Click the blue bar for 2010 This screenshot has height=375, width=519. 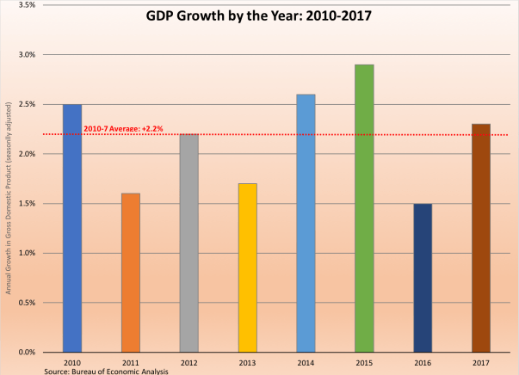(x=72, y=228)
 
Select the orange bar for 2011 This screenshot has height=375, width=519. (x=131, y=273)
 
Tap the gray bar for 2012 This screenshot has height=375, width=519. (x=189, y=243)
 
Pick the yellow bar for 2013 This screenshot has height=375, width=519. (x=247, y=267)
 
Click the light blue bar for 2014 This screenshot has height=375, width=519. (x=306, y=223)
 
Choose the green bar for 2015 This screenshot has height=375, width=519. (x=364, y=208)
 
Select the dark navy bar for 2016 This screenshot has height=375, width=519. (x=423, y=278)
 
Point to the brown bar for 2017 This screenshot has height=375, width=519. (x=480, y=237)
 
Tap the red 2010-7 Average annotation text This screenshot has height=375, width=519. (x=123, y=130)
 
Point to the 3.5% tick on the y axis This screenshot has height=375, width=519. (x=24, y=5)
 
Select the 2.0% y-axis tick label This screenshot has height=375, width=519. (x=24, y=154)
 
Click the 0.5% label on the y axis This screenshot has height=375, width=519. (x=24, y=303)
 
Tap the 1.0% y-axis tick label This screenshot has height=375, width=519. (x=24, y=253)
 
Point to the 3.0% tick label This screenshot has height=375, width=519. (x=24, y=55)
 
